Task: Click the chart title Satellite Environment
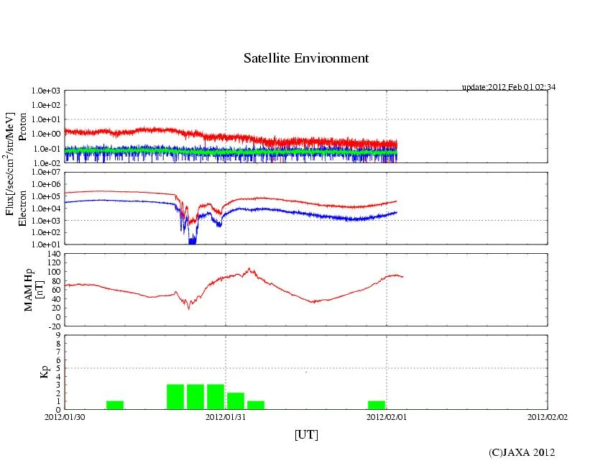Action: click(x=306, y=58)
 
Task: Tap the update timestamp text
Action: click(x=509, y=87)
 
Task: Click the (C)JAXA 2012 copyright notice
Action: click(x=522, y=452)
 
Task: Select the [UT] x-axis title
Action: click(x=306, y=434)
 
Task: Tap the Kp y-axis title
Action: click(x=27, y=372)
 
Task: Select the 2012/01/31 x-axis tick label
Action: click(x=226, y=416)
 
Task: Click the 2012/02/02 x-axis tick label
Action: click(x=548, y=416)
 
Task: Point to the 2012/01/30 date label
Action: click(x=65, y=416)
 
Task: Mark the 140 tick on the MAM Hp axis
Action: click(x=55, y=254)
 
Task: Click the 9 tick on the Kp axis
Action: click(x=59, y=334)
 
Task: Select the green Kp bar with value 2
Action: click(x=236, y=401)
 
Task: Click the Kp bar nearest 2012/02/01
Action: click(x=376, y=406)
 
